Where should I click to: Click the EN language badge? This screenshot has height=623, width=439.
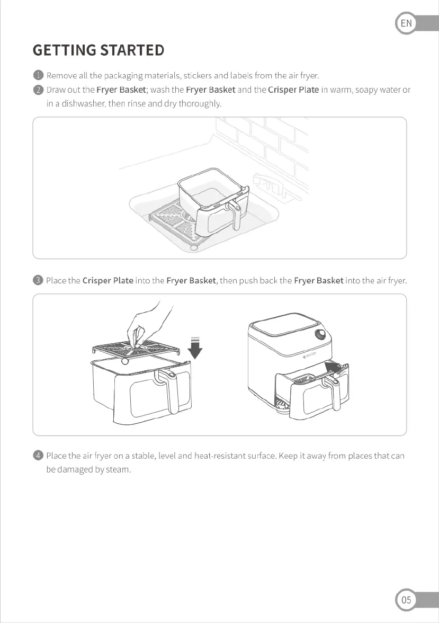[406, 23]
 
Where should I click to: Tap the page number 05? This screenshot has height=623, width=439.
[406, 600]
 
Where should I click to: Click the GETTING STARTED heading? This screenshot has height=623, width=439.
[98, 50]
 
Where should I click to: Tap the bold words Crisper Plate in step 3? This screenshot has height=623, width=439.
[108, 280]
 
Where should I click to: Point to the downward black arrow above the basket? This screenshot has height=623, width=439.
[195, 348]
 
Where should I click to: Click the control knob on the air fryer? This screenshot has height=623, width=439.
[320, 335]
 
